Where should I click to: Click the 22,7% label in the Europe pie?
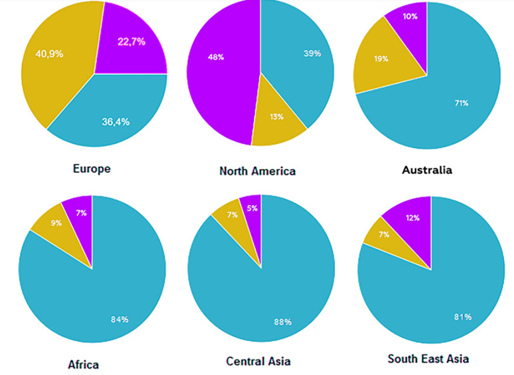coord(131,42)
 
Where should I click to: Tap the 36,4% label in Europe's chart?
coord(116,121)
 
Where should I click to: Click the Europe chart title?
coord(92,168)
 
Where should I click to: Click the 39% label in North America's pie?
coord(312,53)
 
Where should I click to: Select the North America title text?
coord(258,171)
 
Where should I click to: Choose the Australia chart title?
coord(427,170)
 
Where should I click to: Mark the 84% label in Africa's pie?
coord(120,319)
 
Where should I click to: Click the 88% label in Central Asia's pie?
coord(283,322)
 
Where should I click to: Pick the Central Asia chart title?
coord(258,361)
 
